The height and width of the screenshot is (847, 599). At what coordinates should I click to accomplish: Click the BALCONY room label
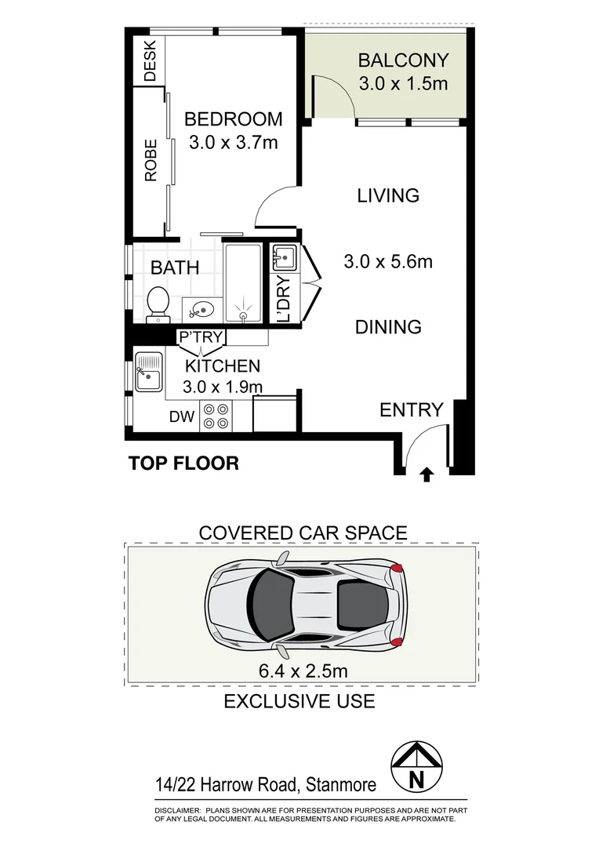point(403,60)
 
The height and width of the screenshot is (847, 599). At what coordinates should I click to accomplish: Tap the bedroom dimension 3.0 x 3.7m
point(233,143)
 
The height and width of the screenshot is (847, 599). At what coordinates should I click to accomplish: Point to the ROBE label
point(151,161)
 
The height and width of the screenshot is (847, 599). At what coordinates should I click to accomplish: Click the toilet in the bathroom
point(158,304)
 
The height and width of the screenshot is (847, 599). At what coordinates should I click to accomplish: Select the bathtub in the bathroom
point(243,282)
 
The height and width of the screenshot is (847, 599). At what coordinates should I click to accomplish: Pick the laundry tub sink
point(282,256)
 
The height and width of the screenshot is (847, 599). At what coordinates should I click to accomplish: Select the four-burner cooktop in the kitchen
point(216,416)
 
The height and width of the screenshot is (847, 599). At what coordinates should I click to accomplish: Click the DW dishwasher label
point(181,417)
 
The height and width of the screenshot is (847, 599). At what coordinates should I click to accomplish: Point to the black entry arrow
point(427,474)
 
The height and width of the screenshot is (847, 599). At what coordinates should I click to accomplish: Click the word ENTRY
point(412,409)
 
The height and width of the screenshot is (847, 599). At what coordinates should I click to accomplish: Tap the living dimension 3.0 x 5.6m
point(388,261)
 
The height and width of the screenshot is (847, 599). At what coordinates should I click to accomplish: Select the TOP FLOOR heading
point(183,463)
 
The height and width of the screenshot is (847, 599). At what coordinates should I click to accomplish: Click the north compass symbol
point(416,768)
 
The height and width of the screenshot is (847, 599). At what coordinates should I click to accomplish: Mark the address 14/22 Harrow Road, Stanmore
point(266,784)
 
